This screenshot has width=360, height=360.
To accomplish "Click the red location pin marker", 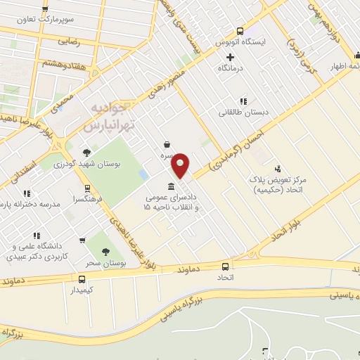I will pos(181,165).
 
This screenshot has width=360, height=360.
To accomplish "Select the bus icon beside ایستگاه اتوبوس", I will pos(240,31).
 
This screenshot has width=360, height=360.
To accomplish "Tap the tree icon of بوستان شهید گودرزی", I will pos(86,152).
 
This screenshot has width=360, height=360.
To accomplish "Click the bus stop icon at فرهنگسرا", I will pos(87,188).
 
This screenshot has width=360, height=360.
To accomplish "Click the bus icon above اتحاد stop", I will pos(225,266).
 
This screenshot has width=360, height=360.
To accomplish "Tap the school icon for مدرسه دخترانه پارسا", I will pos(27,193).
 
